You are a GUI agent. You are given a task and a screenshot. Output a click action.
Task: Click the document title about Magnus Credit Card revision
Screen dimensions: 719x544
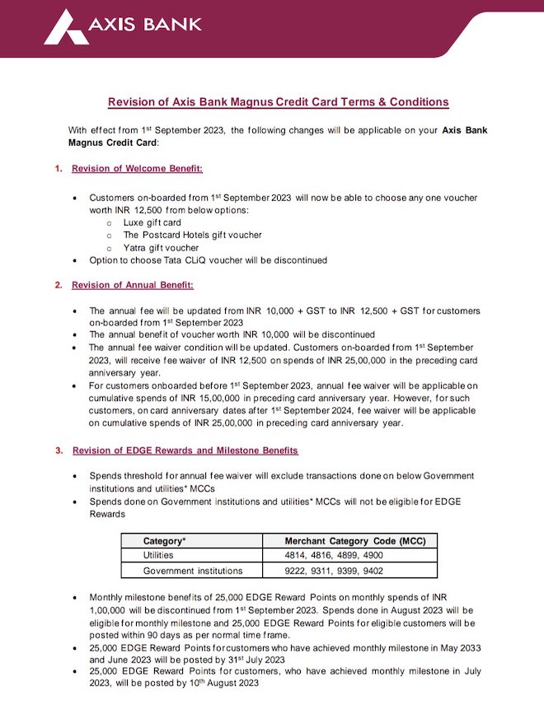coord(279,102)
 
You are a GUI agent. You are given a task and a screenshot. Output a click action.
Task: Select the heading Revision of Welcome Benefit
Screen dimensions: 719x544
coord(137,169)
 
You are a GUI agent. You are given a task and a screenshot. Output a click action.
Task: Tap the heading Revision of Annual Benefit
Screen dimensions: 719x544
coord(133,285)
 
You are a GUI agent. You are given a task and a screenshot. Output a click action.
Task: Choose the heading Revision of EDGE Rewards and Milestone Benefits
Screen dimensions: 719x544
coord(185,451)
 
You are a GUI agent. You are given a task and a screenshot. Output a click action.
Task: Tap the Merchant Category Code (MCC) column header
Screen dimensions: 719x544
coord(349,541)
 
